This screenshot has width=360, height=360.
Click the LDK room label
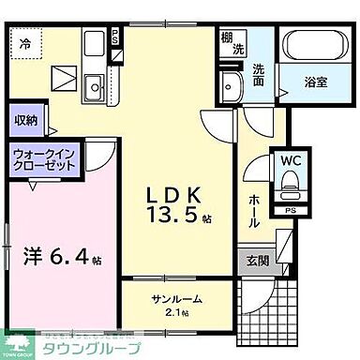tap(172, 195)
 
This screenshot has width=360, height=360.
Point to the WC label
tap(288, 161)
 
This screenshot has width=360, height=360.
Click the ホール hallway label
tap(255, 211)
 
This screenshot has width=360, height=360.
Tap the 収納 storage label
tap(25, 119)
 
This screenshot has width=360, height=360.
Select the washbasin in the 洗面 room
tap(231, 87)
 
